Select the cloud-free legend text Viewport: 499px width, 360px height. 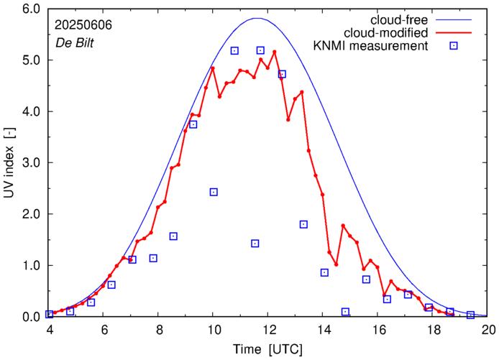click(400, 19)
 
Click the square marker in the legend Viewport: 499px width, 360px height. click(454, 47)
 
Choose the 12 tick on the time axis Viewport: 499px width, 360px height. click(269, 331)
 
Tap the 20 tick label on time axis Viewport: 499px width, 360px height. click(488, 331)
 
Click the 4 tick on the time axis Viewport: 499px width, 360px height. click(50, 331)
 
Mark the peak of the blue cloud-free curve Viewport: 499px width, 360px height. click(257, 18)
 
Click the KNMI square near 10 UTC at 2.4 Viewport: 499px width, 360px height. click(214, 192)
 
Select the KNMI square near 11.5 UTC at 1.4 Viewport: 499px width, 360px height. click(255, 244)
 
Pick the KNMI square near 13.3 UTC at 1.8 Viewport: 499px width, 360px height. click(303, 224)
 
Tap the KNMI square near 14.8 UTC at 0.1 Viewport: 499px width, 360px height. click(345, 312)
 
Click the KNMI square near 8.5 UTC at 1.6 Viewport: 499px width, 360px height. click(173, 236)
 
